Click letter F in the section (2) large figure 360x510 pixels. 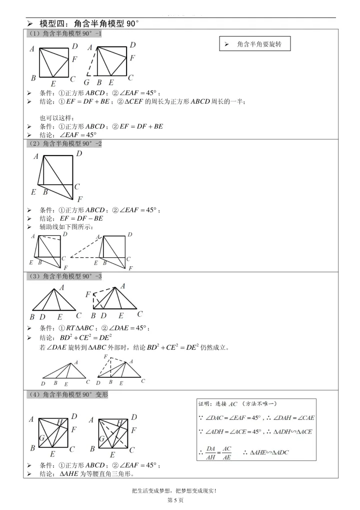[x=79, y=199]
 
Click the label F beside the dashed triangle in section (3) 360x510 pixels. [x=88, y=294]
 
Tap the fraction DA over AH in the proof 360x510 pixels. [x=210, y=452]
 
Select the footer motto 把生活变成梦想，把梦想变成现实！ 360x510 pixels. [x=172, y=491]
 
